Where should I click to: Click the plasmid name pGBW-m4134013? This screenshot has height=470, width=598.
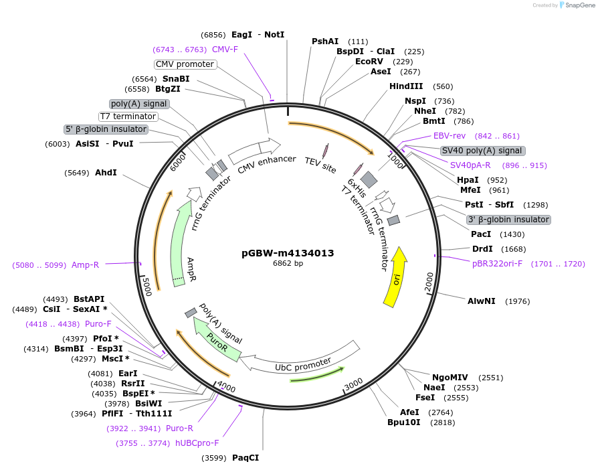click(288, 253)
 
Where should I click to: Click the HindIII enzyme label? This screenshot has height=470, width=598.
click(406, 86)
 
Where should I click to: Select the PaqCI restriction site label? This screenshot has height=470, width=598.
click(245, 458)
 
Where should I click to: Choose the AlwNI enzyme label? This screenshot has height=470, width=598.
click(482, 301)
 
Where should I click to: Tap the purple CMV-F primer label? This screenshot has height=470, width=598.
click(225, 49)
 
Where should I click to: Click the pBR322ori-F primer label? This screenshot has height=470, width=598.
click(498, 264)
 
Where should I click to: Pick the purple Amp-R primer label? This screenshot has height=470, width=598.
click(85, 264)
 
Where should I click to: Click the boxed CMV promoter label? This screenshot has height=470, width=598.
click(185, 64)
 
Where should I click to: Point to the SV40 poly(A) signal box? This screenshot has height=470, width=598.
click(482, 151)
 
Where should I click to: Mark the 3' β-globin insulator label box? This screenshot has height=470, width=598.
click(508, 220)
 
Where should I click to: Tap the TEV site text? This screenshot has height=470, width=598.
click(320, 165)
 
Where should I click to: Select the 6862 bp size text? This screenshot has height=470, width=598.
click(288, 264)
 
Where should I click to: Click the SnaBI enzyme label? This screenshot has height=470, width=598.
click(175, 78)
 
